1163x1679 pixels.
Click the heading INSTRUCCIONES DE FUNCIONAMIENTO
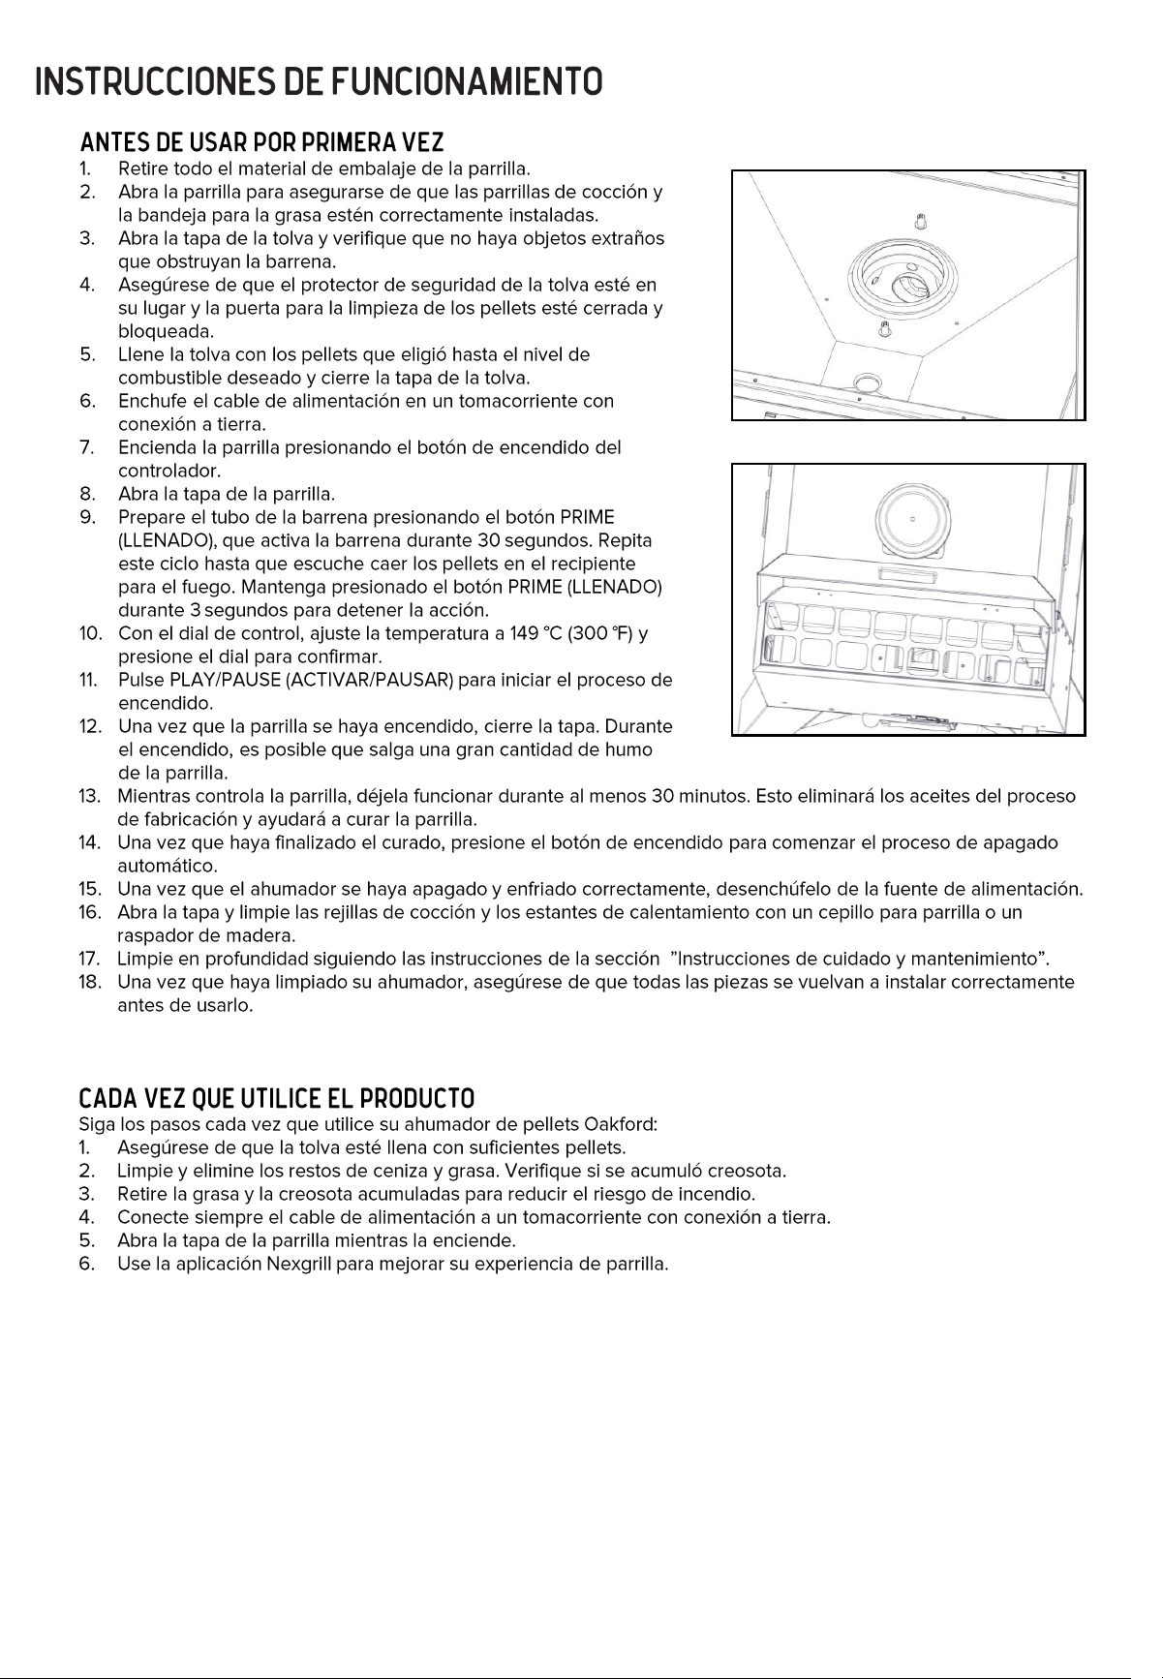(319, 82)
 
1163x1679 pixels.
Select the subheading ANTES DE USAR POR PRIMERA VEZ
(261, 143)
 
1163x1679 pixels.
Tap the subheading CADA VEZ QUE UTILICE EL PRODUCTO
(277, 1099)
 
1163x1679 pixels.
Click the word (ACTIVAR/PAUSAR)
(369, 681)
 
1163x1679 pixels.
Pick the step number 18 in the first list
(90, 982)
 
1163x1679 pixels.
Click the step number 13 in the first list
(90, 796)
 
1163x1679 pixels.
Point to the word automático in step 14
(167, 865)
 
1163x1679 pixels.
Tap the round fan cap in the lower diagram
(912, 520)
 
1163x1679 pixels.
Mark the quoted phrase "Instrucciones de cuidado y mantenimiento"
(860, 959)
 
